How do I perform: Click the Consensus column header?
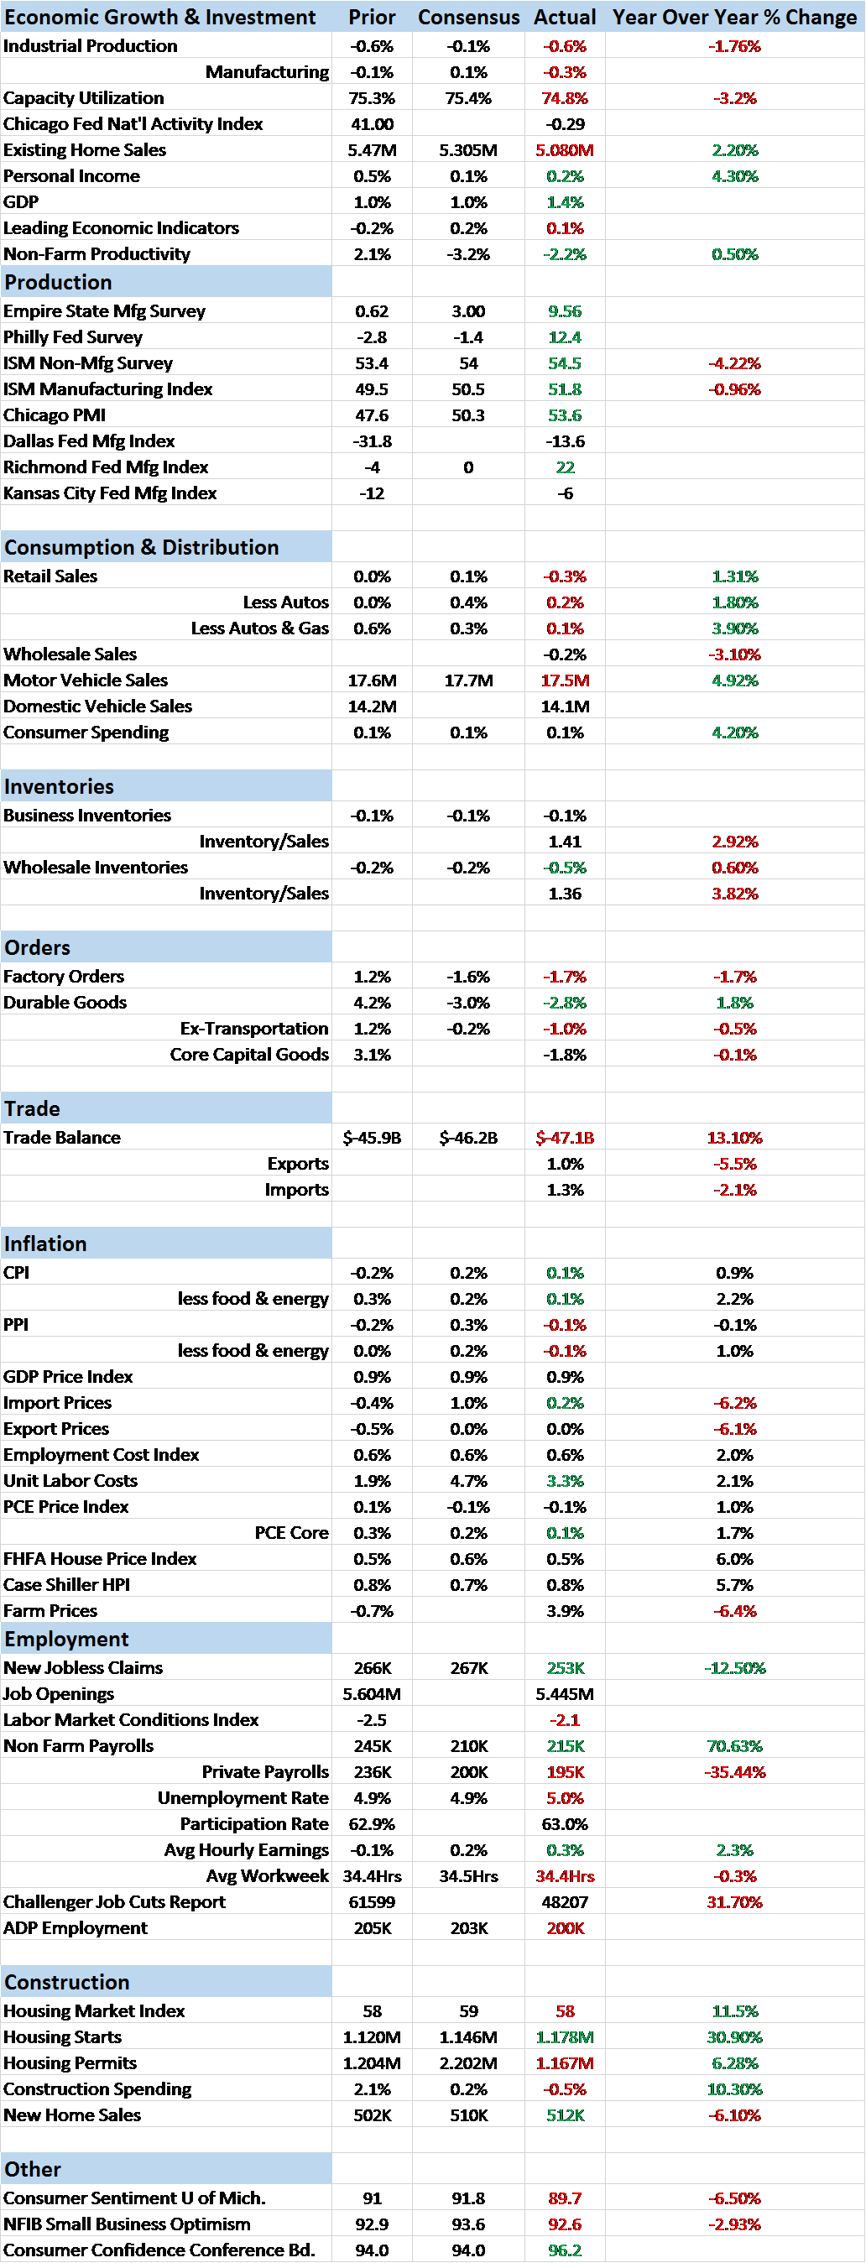point(468,17)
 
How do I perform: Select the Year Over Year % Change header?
point(734,17)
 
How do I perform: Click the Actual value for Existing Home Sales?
point(565,150)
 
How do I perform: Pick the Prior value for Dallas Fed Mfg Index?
point(372,441)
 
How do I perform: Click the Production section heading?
point(59,282)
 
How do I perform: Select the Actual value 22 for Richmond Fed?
point(565,467)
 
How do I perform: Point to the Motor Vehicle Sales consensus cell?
point(468,680)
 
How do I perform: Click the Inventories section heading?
point(59,786)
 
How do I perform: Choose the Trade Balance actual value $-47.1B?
point(565,1138)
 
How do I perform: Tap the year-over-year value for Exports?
point(734,1163)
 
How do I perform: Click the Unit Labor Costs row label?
point(70,1480)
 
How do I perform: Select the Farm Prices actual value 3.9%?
point(565,1610)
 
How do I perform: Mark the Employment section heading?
point(67,1639)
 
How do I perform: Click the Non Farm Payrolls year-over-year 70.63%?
point(734,1745)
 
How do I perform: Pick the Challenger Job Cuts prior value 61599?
point(372,1902)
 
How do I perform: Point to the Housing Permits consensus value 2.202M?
point(468,2062)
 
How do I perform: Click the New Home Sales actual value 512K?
point(565,2114)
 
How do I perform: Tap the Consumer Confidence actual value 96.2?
point(565,2250)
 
